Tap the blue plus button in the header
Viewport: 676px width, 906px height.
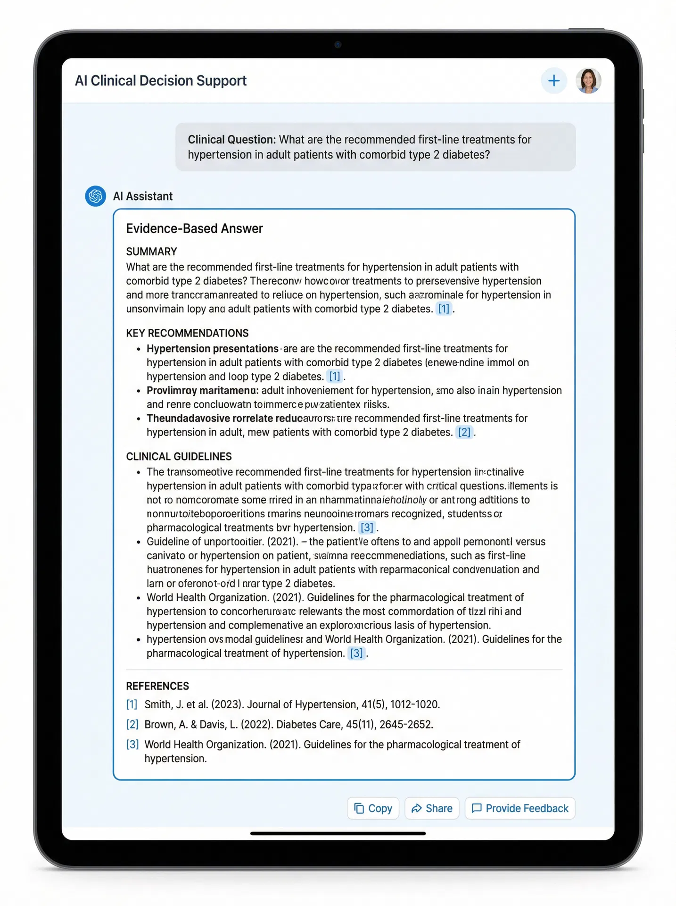pyautogui.click(x=553, y=81)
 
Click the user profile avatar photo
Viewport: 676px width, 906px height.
pyautogui.click(x=588, y=81)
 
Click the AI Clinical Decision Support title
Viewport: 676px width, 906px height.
pyautogui.click(x=161, y=81)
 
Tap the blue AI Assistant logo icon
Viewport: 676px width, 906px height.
pyautogui.click(x=95, y=196)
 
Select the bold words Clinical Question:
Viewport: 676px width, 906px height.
pyautogui.click(x=231, y=140)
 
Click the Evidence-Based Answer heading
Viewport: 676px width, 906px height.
pyautogui.click(x=194, y=228)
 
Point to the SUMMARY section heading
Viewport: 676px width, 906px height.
pyautogui.click(x=151, y=252)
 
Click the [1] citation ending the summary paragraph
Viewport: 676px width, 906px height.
pyautogui.click(x=444, y=309)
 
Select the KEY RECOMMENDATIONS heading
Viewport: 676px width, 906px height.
pyautogui.click(x=187, y=333)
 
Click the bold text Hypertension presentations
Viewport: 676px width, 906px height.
pyautogui.click(x=212, y=349)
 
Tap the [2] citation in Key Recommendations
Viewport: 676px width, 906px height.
pyautogui.click(x=464, y=432)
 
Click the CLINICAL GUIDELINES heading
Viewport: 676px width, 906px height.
pyautogui.click(x=179, y=456)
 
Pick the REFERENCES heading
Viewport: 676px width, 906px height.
pyautogui.click(x=157, y=686)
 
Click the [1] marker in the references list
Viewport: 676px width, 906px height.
pyautogui.click(x=132, y=705)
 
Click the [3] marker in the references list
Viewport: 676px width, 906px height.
pyautogui.click(x=132, y=745)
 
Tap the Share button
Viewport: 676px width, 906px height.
pyautogui.click(x=432, y=808)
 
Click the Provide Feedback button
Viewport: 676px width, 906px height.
pyautogui.click(x=520, y=808)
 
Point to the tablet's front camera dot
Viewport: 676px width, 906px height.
pyautogui.click(x=338, y=45)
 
